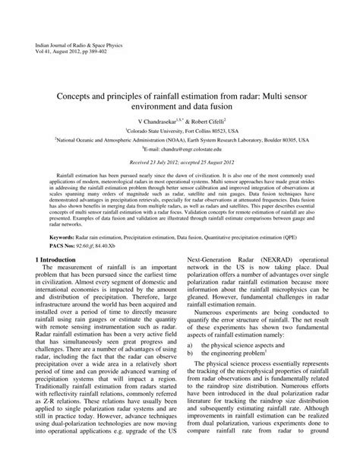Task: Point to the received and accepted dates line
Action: tap(180, 163)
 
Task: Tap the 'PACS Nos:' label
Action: tap(41, 244)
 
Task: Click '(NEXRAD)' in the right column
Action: tap(271, 261)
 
